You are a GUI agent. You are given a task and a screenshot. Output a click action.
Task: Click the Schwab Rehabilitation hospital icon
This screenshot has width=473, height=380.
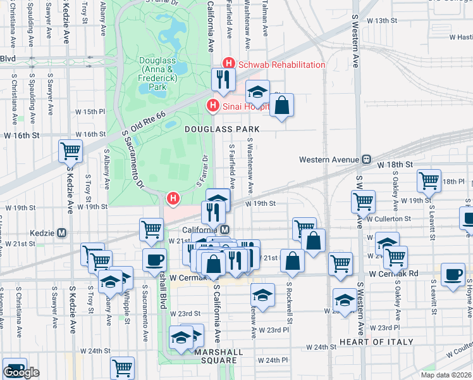[228, 64]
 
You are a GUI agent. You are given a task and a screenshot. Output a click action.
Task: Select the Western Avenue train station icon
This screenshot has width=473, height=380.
[365, 160]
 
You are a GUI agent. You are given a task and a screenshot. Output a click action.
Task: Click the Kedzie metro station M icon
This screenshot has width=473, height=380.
[62, 232]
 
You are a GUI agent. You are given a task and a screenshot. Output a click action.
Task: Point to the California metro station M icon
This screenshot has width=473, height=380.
[224, 229]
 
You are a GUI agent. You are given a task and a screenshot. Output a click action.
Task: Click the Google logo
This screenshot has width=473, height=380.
[21, 372]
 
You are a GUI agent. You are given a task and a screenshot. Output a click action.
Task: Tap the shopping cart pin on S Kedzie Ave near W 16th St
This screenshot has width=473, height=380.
[70, 151]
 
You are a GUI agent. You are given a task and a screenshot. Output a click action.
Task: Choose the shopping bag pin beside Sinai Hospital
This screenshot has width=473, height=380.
[282, 104]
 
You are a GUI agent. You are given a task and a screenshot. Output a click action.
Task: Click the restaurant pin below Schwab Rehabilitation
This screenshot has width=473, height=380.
[223, 79]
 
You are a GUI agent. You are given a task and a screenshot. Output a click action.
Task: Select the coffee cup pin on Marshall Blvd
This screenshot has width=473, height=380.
[155, 260]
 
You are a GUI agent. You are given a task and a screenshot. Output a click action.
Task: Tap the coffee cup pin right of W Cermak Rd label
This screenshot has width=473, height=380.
[453, 275]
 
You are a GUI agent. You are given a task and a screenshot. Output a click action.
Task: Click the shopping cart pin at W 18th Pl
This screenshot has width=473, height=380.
[429, 180]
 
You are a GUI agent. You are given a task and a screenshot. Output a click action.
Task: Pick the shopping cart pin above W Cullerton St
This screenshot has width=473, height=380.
[363, 201]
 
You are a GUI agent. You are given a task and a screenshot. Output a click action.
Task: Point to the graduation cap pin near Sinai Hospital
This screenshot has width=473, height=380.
[257, 92]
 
